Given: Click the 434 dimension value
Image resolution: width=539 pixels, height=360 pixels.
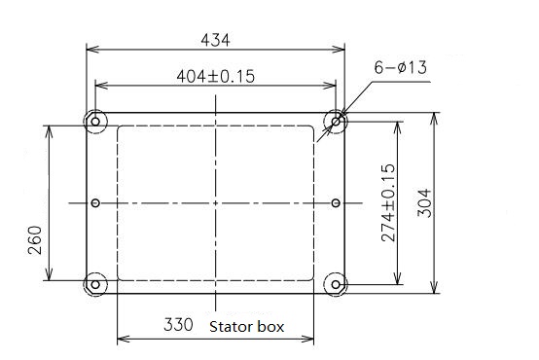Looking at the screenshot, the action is [215, 40].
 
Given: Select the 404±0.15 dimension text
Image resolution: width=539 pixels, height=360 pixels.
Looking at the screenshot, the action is [216, 76].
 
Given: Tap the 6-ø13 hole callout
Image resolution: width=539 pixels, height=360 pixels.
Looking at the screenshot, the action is [401, 67].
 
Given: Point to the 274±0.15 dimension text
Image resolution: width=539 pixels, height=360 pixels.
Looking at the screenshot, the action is [388, 203].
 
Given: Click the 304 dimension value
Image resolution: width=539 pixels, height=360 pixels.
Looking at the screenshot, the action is [424, 203].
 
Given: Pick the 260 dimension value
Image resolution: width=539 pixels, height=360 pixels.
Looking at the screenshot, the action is [35, 240].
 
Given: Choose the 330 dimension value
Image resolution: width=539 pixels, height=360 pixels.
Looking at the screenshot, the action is [178, 325].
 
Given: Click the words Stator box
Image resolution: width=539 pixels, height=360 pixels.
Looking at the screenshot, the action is [246, 327].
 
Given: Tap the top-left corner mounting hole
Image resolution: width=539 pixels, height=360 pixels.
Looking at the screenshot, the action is [95, 122].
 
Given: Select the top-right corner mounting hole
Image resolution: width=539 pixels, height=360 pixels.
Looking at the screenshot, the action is [336, 122].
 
